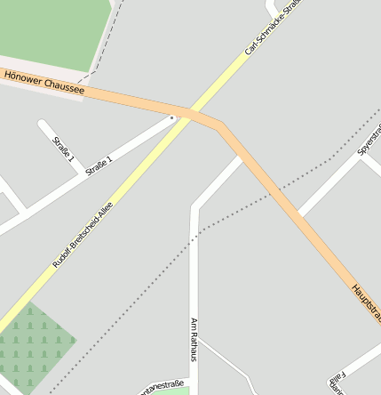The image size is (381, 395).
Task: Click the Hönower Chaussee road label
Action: click(x=44, y=83)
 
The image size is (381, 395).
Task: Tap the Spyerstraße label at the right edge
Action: click(x=369, y=141)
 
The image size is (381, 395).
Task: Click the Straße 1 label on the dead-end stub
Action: click(x=61, y=148)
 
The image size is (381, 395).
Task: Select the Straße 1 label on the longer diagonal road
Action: click(x=99, y=165)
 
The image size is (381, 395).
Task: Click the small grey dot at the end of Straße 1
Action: click(x=172, y=117)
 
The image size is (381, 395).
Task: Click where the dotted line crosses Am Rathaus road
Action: click(x=194, y=233)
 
